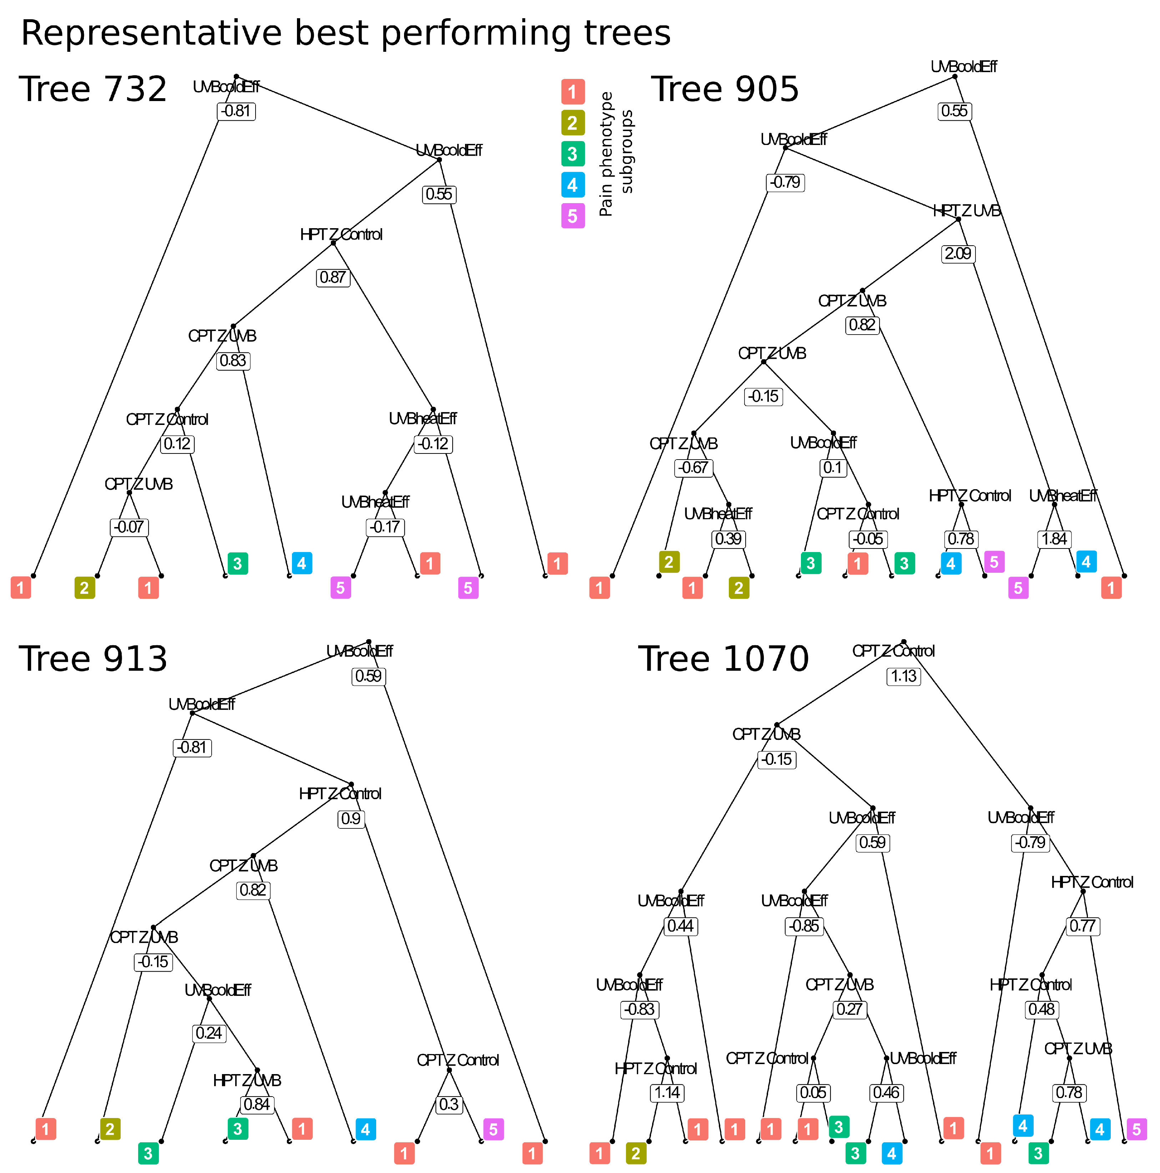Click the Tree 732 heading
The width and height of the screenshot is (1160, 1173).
[93, 89]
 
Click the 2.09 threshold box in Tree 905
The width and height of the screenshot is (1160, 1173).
[958, 253]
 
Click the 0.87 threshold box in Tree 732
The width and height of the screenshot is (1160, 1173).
[333, 277]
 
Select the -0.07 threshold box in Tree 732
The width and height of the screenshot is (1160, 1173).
[129, 527]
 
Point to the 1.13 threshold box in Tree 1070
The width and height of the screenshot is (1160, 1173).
[903, 676]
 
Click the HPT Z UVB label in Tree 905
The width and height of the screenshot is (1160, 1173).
[966, 211]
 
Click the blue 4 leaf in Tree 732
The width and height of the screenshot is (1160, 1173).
[302, 563]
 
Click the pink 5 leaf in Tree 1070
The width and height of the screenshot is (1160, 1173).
[1136, 1129]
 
